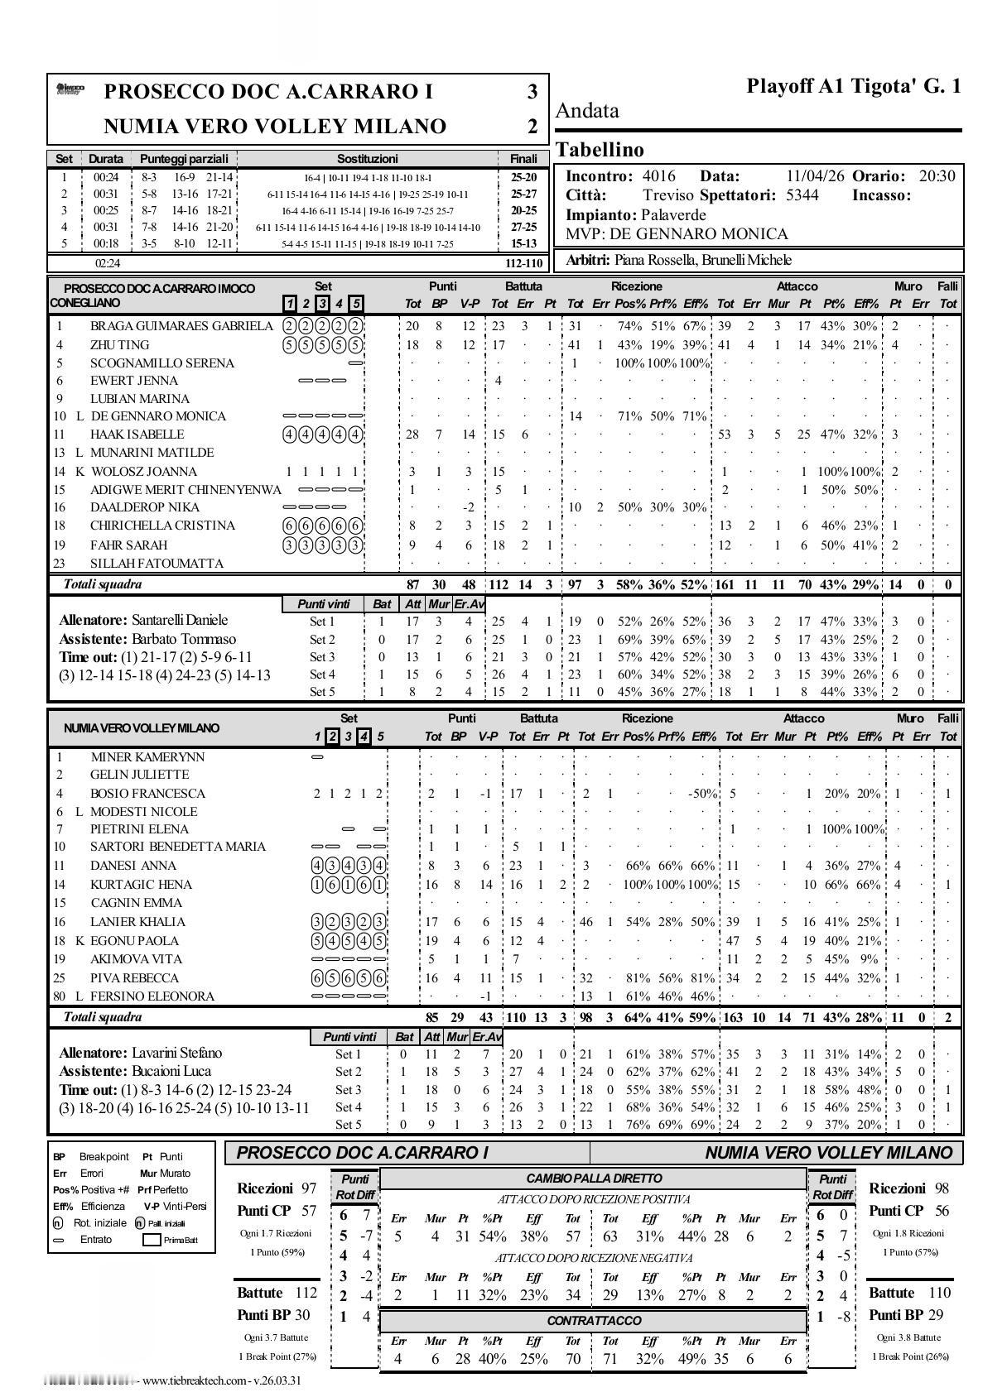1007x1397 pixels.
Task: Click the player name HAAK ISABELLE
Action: pos(137,434)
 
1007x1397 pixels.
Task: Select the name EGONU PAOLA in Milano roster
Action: pos(134,941)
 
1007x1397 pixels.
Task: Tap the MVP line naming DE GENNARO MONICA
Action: pos(677,234)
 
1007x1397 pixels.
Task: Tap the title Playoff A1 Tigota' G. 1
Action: pos(854,86)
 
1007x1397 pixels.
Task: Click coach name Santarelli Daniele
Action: pos(180,620)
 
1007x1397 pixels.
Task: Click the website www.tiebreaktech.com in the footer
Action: pos(195,1380)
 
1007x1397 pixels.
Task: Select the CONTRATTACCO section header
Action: pos(594,1320)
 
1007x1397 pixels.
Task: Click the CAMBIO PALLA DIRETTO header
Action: pos(594,1178)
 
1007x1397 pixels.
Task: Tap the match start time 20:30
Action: pos(936,175)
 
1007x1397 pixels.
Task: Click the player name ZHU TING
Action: pos(119,344)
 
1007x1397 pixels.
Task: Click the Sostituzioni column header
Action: pos(367,158)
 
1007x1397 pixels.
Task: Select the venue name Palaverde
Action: pos(673,215)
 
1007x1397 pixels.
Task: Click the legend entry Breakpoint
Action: pos(104,1156)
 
